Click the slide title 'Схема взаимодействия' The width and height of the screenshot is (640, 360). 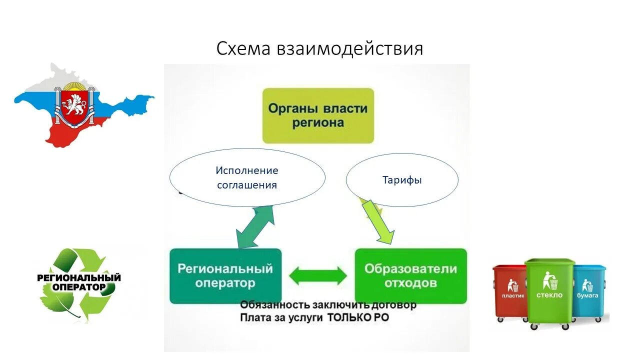tap(319, 49)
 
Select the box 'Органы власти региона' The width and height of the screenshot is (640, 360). tap(318, 115)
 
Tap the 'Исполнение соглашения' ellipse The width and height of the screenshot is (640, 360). tap(247, 177)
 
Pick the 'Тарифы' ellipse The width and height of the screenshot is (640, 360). tap(402, 180)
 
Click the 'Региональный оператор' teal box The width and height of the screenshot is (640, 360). tap(225, 275)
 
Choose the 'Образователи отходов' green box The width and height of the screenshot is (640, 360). tap(410, 275)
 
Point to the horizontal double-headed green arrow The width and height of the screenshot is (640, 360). tap(318, 275)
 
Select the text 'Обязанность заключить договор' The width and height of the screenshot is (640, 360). tap(328, 304)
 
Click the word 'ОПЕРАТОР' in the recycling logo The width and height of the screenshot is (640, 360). tap(79, 287)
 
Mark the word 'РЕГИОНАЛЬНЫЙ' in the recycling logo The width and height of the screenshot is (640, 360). tap(79, 277)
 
